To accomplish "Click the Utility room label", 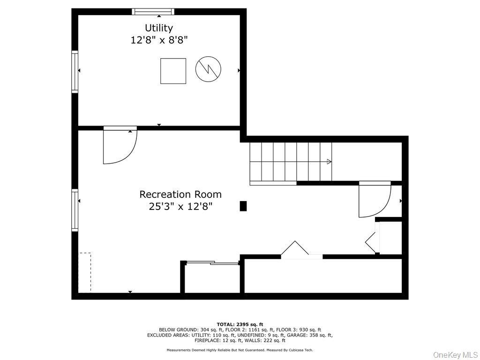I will [x=159, y=28].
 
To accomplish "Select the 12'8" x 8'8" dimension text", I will [x=159, y=40].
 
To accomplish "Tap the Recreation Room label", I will [x=180, y=194].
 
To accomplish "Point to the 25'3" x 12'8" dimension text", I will [x=180, y=206].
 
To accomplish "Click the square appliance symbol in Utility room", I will [x=173, y=71].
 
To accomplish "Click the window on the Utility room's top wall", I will [x=153, y=12].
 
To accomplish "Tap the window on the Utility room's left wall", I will [x=75, y=71].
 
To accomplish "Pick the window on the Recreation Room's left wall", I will [x=75, y=210].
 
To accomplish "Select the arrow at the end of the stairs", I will [x=329, y=162].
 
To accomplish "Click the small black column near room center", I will [x=243, y=206].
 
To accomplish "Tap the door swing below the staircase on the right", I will [x=374, y=200].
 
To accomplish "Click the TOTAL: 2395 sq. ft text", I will [x=240, y=324].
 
